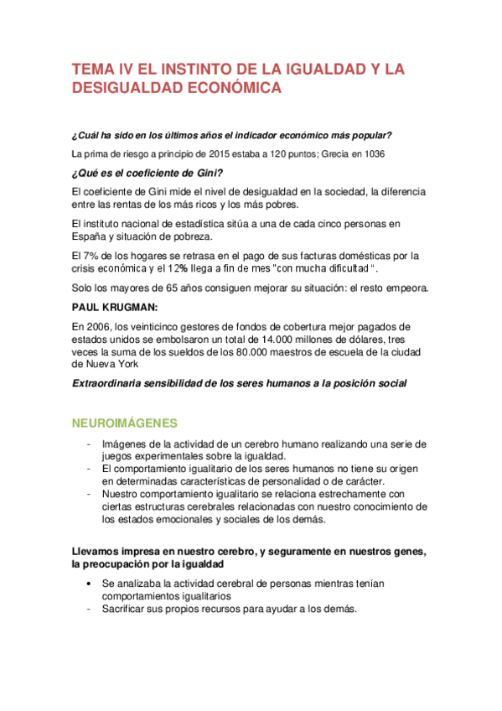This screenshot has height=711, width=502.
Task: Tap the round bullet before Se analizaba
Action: (88, 583)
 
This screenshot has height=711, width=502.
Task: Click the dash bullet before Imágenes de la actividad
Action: (88, 444)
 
